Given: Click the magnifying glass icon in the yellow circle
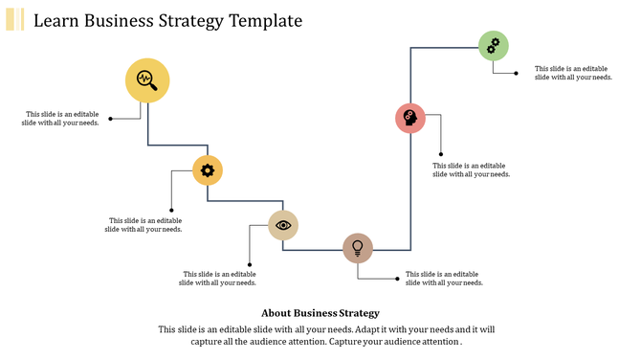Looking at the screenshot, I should tap(147, 79).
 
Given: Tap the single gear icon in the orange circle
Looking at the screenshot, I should tap(208, 170).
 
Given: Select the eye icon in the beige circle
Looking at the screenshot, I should tap(283, 225).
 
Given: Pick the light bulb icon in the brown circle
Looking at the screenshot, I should tap(358, 248).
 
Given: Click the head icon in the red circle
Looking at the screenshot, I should tap(410, 118).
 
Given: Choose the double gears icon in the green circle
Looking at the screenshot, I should tap(493, 45).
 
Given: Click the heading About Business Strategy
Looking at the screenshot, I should tap(320, 313).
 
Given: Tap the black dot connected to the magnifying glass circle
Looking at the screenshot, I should tap(111, 119).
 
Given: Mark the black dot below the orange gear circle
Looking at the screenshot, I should tap(171, 210).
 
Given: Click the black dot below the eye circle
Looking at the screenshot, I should tap(250, 264).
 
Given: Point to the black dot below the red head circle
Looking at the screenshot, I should tap(441, 153).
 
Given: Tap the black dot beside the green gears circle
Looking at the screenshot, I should tap(518, 73).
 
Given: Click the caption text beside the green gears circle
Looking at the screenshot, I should tap(573, 73).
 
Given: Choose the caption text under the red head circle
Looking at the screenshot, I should tap(472, 169).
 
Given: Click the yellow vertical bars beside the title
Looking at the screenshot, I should tap(14, 19).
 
